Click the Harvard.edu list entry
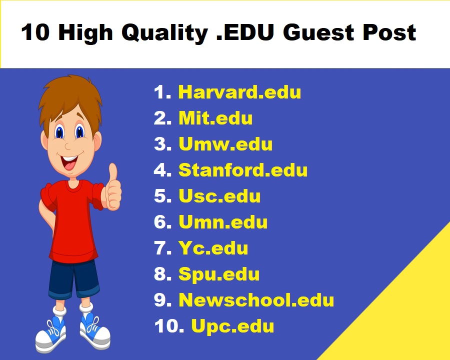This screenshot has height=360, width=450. pyautogui.click(x=239, y=92)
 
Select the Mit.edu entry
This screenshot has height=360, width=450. pyautogui.click(x=215, y=118)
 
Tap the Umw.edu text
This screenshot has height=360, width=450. pyautogui.click(x=225, y=144)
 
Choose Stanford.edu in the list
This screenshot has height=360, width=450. pyautogui.click(x=243, y=170)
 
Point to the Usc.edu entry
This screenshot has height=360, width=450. pyautogui.click(x=219, y=196)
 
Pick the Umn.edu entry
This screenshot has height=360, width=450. pyautogui.click(x=223, y=222)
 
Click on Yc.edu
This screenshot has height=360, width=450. pyautogui.click(x=213, y=248)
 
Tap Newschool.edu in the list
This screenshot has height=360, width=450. pyautogui.click(x=256, y=300)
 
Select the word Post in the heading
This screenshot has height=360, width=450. pyautogui.click(x=389, y=32)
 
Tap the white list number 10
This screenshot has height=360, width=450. pyautogui.click(x=169, y=326)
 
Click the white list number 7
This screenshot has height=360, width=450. pyautogui.click(x=162, y=248)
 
